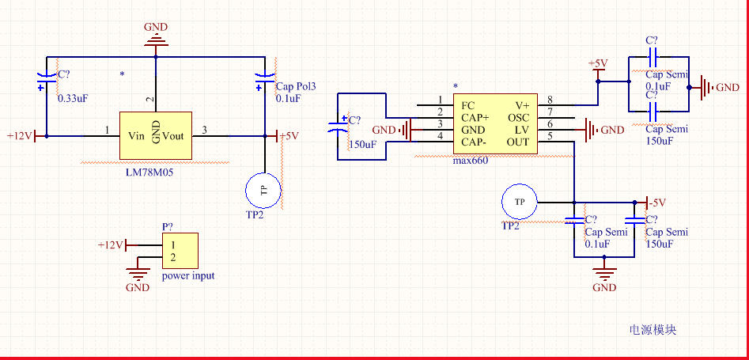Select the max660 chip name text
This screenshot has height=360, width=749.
pyautogui.click(x=470, y=161)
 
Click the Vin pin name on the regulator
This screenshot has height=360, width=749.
pyautogui.click(x=136, y=135)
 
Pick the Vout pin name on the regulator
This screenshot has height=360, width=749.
pyautogui.click(x=173, y=135)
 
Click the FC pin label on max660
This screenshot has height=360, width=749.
pyautogui.click(x=468, y=105)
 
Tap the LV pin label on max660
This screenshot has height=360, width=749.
pyautogui.click(x=522, y=130)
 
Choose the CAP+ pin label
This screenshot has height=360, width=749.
pyautogui.click(x=475, y=118)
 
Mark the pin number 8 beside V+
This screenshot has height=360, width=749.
pyautogui.click(x=549, y=100)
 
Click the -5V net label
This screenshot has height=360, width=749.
pyautogui.click(x=658, y=202)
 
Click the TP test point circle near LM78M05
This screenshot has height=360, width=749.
pyautogui.click(x=263, y=189)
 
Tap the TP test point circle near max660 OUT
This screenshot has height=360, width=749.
pyautogui.click(x=520, y=202)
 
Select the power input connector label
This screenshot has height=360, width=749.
pyautogui.click(x=188, y=276)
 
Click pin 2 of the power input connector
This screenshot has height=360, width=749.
pyautogui.click(x=172, y=258)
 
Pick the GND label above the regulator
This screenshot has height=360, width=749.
pyautogui.click(x=156, y=27)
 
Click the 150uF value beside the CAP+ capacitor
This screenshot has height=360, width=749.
pyautogui.click(x=362, y=145)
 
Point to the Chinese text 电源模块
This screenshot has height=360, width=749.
pyautogui.click(x=653, y=330)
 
